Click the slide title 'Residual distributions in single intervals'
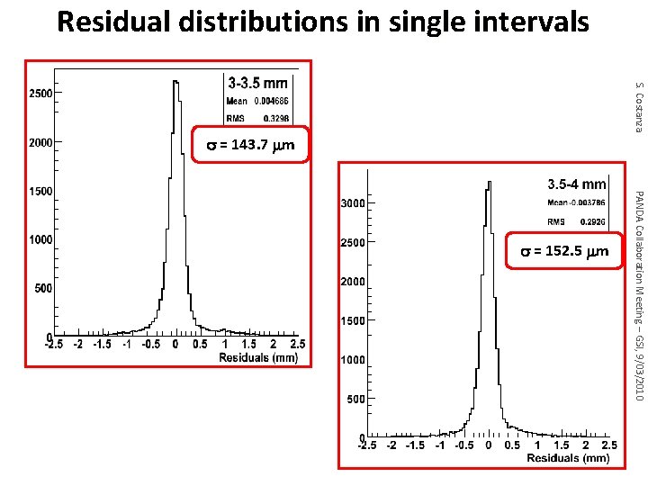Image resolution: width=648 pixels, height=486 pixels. (x=323, y=22)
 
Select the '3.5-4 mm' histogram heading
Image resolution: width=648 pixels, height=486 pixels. (x=576, y=184)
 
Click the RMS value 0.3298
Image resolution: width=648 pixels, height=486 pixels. (x=276, y=117)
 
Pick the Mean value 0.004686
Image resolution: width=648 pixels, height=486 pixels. (x=272, y=102)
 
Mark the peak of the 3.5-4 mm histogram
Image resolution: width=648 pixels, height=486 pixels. (x=489, y=181)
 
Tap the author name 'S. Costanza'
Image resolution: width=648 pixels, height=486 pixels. (x=638, y=106)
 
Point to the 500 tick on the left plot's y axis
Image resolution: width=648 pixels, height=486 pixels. (x=41, y=289)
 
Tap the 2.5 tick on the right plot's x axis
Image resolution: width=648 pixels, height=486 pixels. (x=609, y=445)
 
